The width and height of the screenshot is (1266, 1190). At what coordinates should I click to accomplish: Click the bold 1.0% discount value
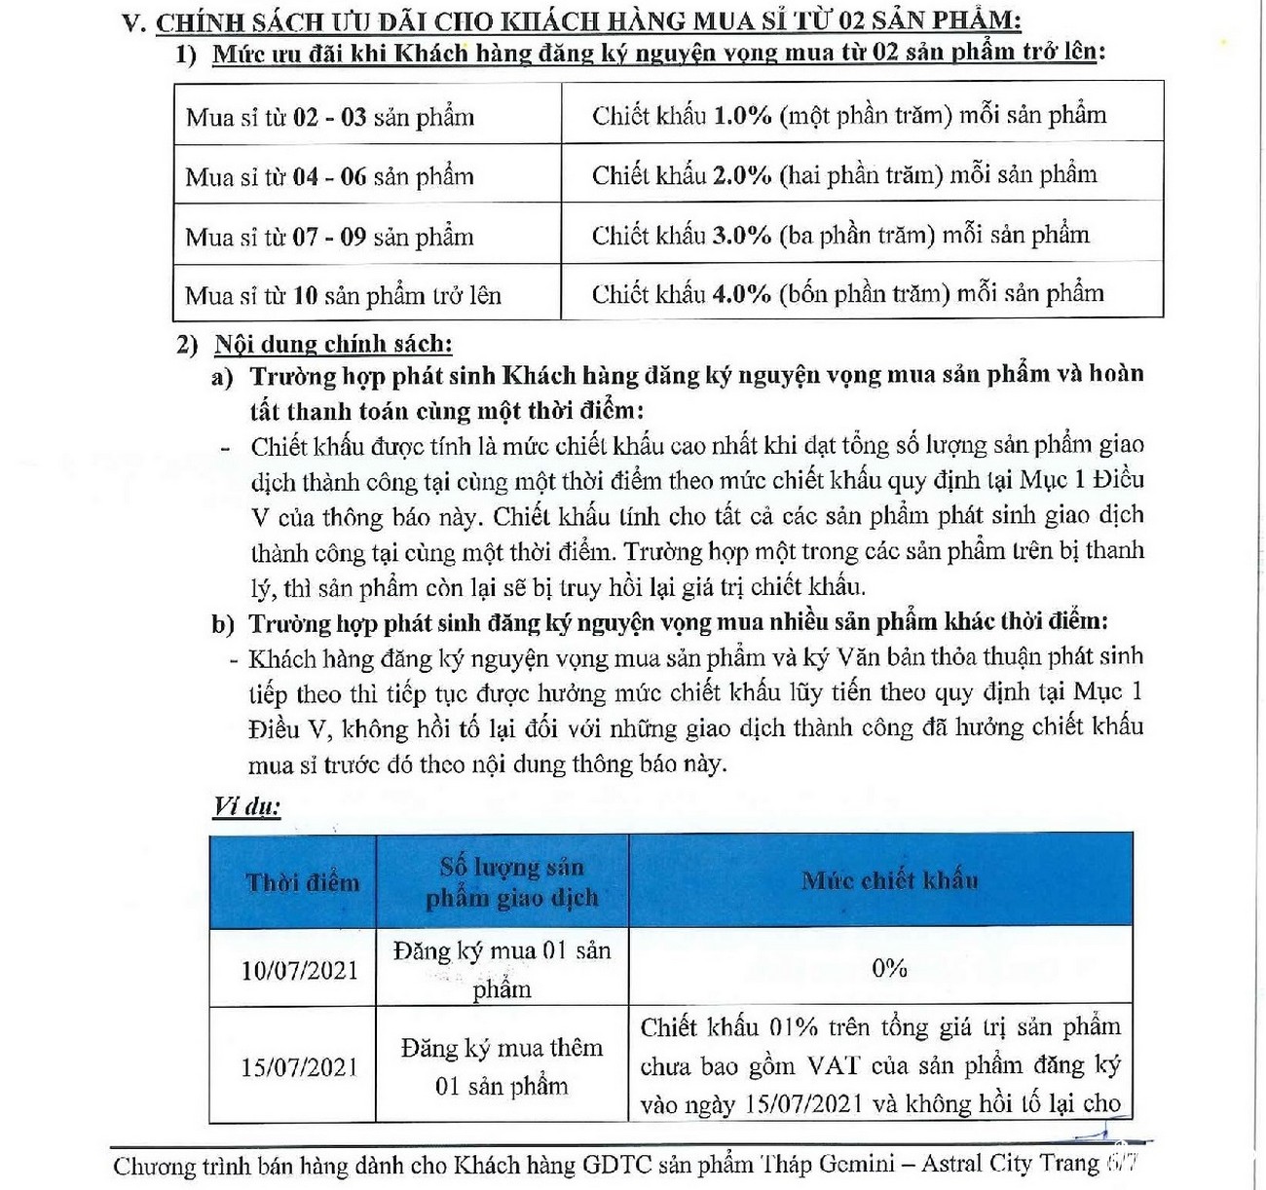(x=742, y=116)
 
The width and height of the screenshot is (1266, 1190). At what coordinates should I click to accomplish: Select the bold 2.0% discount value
(x=742, y=175)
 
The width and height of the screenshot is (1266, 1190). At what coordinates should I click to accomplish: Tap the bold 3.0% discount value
(x=742, y=236)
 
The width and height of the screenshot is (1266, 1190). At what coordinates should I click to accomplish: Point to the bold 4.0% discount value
(x=742, y=294)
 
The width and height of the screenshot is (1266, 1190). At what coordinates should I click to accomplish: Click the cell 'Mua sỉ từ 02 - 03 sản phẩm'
(x=330, y=118)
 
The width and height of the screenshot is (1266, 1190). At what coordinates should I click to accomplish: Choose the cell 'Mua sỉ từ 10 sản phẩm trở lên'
(x=343, y=295)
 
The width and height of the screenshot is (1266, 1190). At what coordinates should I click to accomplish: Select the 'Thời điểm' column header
(x=302, y=882)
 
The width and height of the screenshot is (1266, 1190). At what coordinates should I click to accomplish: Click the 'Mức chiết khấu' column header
(x=889, y=880)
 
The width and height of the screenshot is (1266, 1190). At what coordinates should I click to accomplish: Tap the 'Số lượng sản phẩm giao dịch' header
(x=511, y=882)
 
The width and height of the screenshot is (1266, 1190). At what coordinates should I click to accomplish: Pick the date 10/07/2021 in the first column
(x=299, y=970)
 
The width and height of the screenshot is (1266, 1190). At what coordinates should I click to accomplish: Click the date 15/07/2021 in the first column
(x=299, y=1067)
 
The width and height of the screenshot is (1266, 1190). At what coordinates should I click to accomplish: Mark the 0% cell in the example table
(x=889, y=968)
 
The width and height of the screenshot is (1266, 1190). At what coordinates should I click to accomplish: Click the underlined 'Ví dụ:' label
(x=246, y=806)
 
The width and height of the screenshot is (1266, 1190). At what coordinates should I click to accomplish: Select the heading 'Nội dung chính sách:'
(x=333, y=344)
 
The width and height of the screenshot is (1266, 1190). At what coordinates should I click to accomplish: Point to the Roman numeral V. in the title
(x=134, y=23)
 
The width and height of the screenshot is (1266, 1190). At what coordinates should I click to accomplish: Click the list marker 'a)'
(x=222, y=377)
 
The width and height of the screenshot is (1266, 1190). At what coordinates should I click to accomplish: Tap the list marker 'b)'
(x=223, y=624)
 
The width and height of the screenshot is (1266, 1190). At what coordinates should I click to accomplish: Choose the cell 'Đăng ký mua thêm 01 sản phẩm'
(x=502, y=1066)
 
